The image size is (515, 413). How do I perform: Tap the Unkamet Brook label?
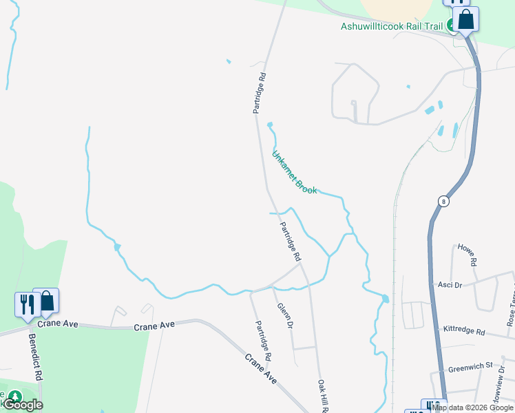point(295,172)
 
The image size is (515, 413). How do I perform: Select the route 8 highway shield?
point(444,201)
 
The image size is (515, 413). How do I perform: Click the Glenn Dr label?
point(285,315)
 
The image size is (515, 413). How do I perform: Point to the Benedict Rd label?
point(36,357)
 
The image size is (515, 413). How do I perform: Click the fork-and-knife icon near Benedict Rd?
point(26,304)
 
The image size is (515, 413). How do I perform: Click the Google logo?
point(23,405)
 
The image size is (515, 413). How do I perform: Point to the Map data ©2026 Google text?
point(473,407)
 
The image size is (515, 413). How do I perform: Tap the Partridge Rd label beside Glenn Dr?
point(263,341)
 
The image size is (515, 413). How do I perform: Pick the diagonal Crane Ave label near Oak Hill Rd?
point(262,369)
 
